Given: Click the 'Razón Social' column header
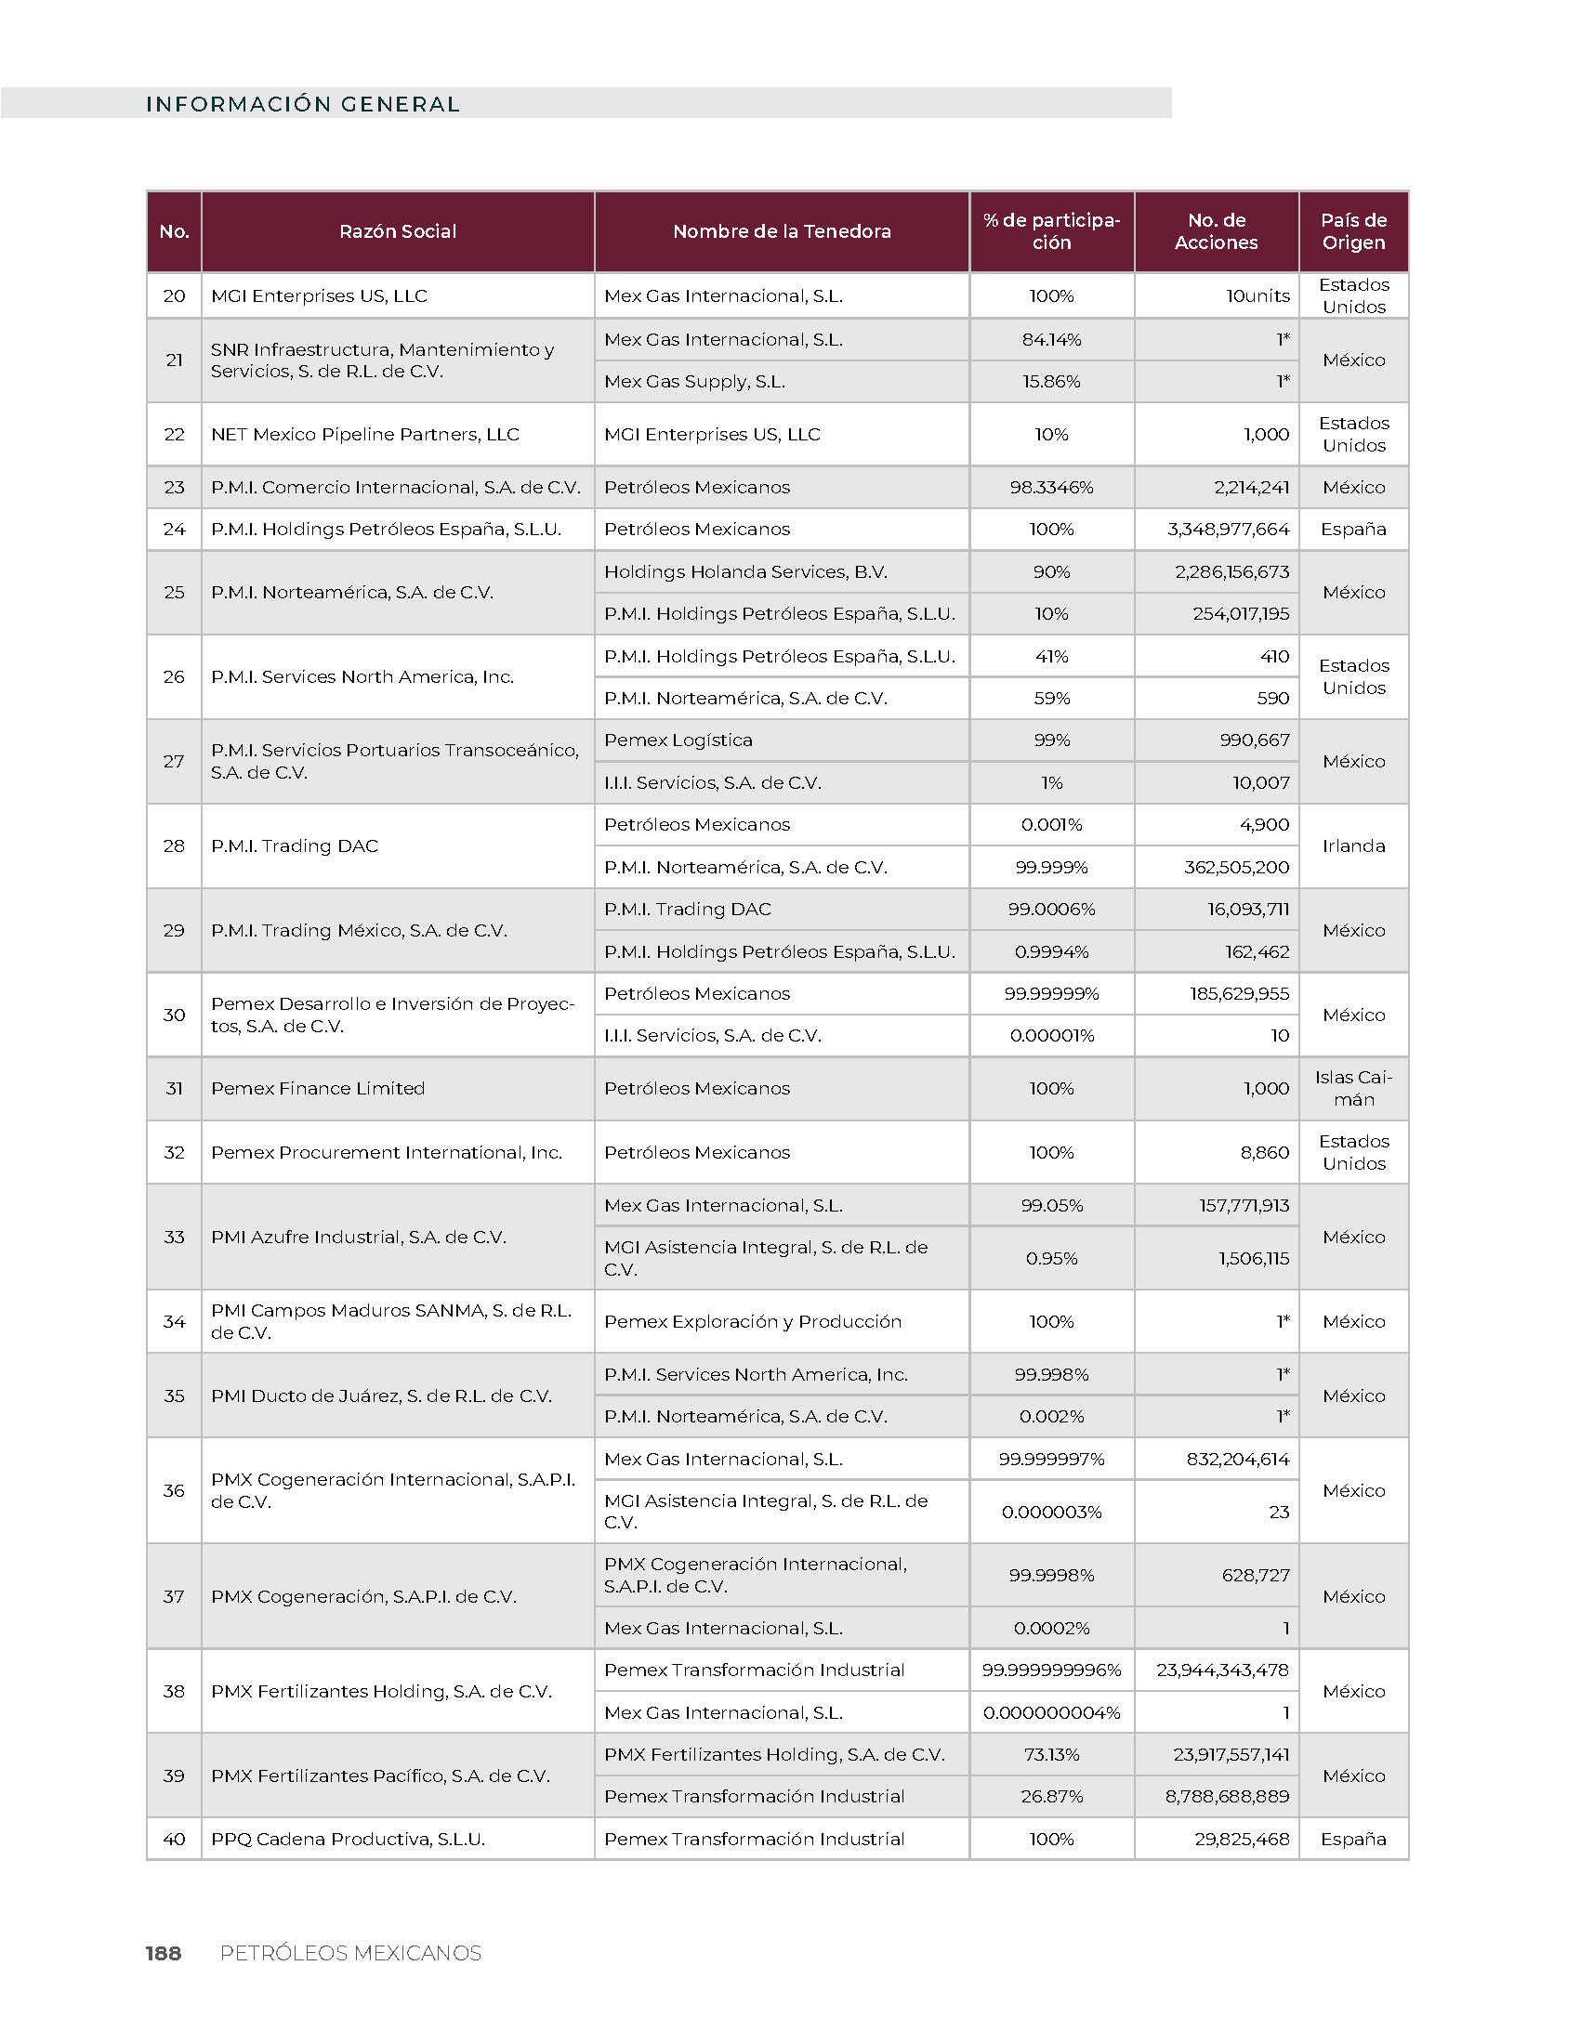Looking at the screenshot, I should tap(397, 231).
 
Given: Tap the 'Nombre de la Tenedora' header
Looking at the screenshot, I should tap(782, 231).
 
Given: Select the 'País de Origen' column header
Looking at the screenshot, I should tap(1353, 231).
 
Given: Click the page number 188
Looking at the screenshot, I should tap(164, 1953).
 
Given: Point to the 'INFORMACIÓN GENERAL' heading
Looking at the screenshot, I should tap(303, 104).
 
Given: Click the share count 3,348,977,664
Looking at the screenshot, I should tap(1227, 529).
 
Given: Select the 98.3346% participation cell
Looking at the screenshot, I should tap(1051, 488).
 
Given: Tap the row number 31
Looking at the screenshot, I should tap(174, 1089).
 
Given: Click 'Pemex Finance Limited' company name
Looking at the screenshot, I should tap(317, 1089).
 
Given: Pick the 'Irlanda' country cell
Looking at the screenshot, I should tap(1353, 846).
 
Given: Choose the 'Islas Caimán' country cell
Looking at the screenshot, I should tap(1353, 1089).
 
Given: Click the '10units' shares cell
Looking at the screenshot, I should tap(1257, 295).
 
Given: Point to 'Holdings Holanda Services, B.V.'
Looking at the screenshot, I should tap(745, 571).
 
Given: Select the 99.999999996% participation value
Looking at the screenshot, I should tap(1051, 1670).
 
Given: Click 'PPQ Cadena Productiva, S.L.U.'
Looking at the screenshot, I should tap(349, 1839).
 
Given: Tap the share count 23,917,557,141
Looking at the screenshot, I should tap(1230, 1754).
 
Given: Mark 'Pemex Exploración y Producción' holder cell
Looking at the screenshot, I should tap(753, 1321).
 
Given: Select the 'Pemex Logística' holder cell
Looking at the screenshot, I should tap(678, 740).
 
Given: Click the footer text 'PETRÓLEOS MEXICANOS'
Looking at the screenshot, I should tap(350, 1953).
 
